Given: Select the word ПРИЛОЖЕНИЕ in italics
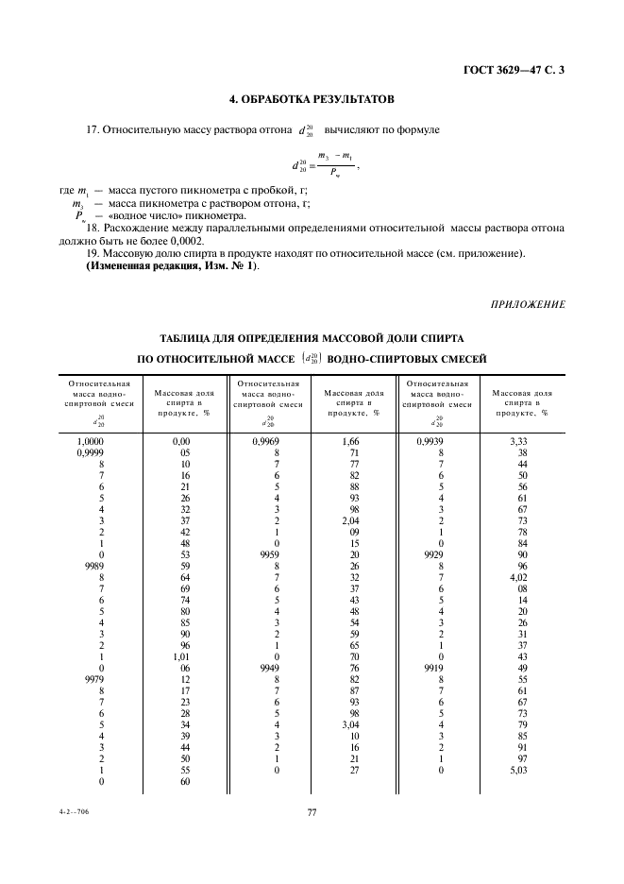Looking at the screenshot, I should tap(529, 303).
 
